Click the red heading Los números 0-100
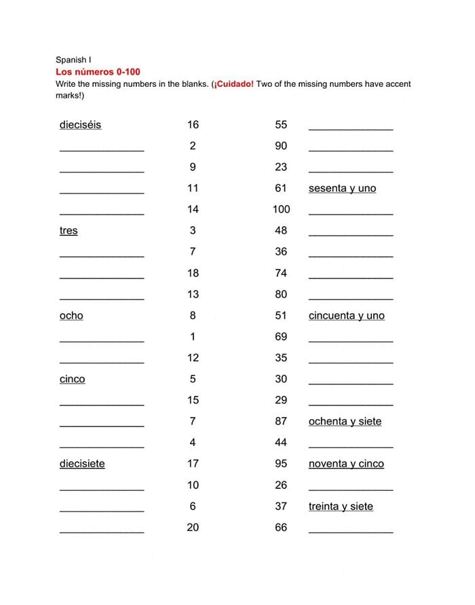(98, 71)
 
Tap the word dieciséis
(80, 124)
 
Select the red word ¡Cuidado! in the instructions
(233, 84)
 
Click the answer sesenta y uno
(342, 188)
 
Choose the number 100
(281, 209)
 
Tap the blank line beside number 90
(350, 149)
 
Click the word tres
(69, 230)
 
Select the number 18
(193, 273)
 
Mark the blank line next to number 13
(102, 297)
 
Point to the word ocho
(71, 315)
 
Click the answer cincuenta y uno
(346, 315)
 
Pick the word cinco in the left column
(73, 379)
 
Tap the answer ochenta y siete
(345, 421)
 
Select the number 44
(281, 442)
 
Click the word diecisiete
(82, 464)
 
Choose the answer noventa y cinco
(346, 464)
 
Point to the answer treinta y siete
(341, 506)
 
